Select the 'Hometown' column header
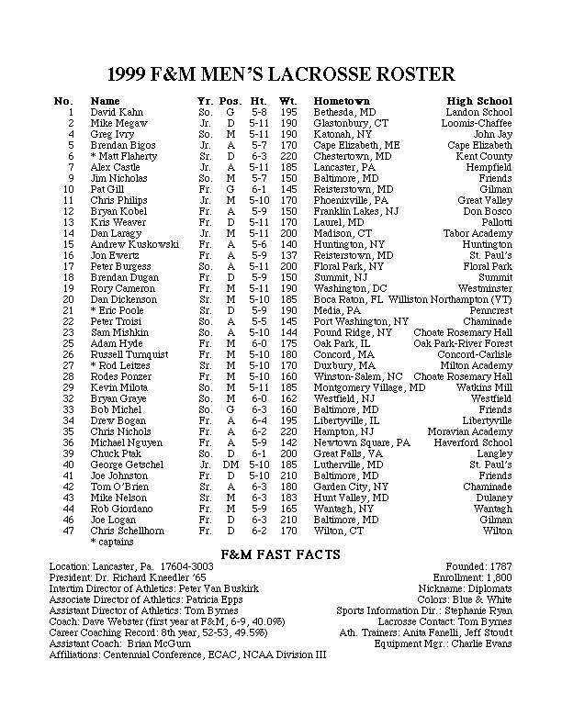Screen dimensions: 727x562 (x=342, y=101)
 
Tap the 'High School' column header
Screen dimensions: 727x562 (x=479, y=101)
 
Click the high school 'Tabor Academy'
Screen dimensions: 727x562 (x=482, y=233)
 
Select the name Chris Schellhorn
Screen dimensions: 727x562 (x=129, y=531)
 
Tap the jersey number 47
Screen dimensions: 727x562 (x=68, y=531)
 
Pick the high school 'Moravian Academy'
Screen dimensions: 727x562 (x=472, y=431)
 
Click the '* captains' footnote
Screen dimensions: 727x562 (x=111, y=542)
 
